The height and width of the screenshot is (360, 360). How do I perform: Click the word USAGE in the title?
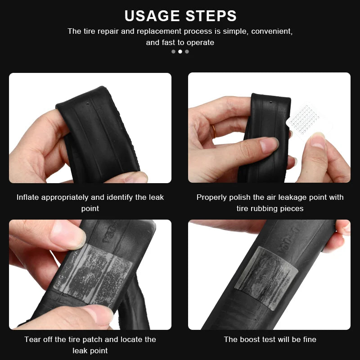(x=152, y=16)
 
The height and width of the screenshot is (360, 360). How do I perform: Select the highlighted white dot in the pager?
(x=180, y=51)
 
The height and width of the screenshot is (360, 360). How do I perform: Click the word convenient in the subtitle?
(x=272, y=31)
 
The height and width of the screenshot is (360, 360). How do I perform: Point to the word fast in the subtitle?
(x=170, y=43)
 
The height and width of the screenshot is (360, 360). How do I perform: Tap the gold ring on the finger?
(x=214, y=130)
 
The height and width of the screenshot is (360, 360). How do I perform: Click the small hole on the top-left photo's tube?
(x=88, y=103)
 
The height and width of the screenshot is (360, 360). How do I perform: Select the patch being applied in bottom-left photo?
(x=94, y=268)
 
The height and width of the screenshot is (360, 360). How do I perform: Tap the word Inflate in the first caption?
(x=28, y=197)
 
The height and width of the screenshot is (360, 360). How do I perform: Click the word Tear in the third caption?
(x=32, y=339)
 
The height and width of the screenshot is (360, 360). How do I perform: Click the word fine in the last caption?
(x=308, y=339)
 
